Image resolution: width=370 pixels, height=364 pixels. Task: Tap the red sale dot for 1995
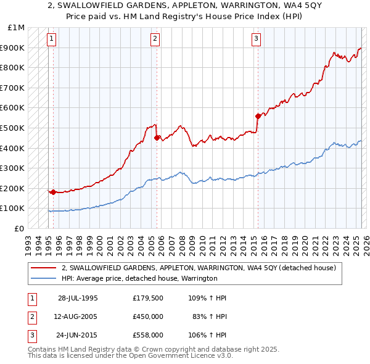tap(54, 192)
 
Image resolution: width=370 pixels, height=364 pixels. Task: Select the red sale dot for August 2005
tap(157, 138)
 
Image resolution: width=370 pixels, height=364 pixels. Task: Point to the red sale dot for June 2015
tap(258, 116)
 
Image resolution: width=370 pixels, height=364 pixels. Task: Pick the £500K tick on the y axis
tap(13, 128)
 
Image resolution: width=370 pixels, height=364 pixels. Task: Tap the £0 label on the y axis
tap(20, 228)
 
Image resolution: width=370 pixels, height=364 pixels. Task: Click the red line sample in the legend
tap(44, 268)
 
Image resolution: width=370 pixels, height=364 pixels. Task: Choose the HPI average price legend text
tap(139, 278)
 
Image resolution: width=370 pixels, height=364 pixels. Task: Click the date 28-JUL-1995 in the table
tap(78, 298)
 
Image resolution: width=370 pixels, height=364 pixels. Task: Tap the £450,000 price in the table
tap(147, 316)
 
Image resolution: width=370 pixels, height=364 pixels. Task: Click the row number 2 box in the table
tap(31, 316)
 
